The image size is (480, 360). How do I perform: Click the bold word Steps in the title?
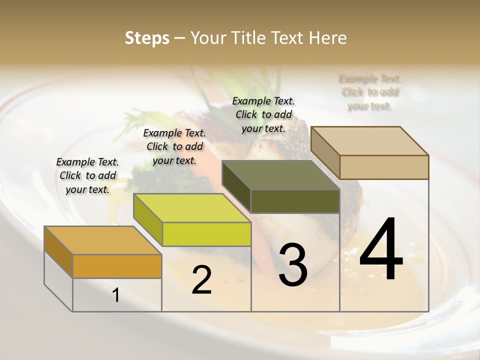tap(147, 38)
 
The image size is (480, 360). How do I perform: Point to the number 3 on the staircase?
tap(292, 265)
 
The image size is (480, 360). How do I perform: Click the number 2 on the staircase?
tap(201, 280)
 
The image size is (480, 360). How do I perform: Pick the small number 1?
tap(116, 295)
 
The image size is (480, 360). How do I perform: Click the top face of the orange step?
tap(102, 240)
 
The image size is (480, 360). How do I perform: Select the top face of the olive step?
tap(280, 175)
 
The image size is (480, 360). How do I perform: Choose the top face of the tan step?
tap(369, 141)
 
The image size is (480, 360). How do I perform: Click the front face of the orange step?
tap(117, 266)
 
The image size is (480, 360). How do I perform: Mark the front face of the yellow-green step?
tap(206, 234)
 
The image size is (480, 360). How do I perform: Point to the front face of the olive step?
tap(295, 201)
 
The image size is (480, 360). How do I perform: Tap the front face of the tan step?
tap(384, 167)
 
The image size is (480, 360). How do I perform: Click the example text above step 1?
tap(87, 175)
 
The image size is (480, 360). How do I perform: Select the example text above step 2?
tap(174, 146)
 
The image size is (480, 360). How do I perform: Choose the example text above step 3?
tap(263, 114)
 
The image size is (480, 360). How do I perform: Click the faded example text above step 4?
tap(370, 92)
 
